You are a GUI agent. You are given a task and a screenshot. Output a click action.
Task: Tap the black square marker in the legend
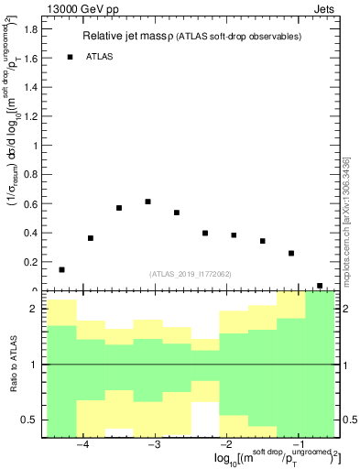pos(70,57)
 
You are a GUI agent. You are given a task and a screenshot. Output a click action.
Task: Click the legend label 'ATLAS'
pos(100,57)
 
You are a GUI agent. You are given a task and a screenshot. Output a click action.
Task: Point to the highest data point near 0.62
pos(147,202)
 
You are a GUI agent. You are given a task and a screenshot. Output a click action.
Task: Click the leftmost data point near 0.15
pos(61,269)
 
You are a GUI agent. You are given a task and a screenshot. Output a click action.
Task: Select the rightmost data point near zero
pos(320,286)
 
